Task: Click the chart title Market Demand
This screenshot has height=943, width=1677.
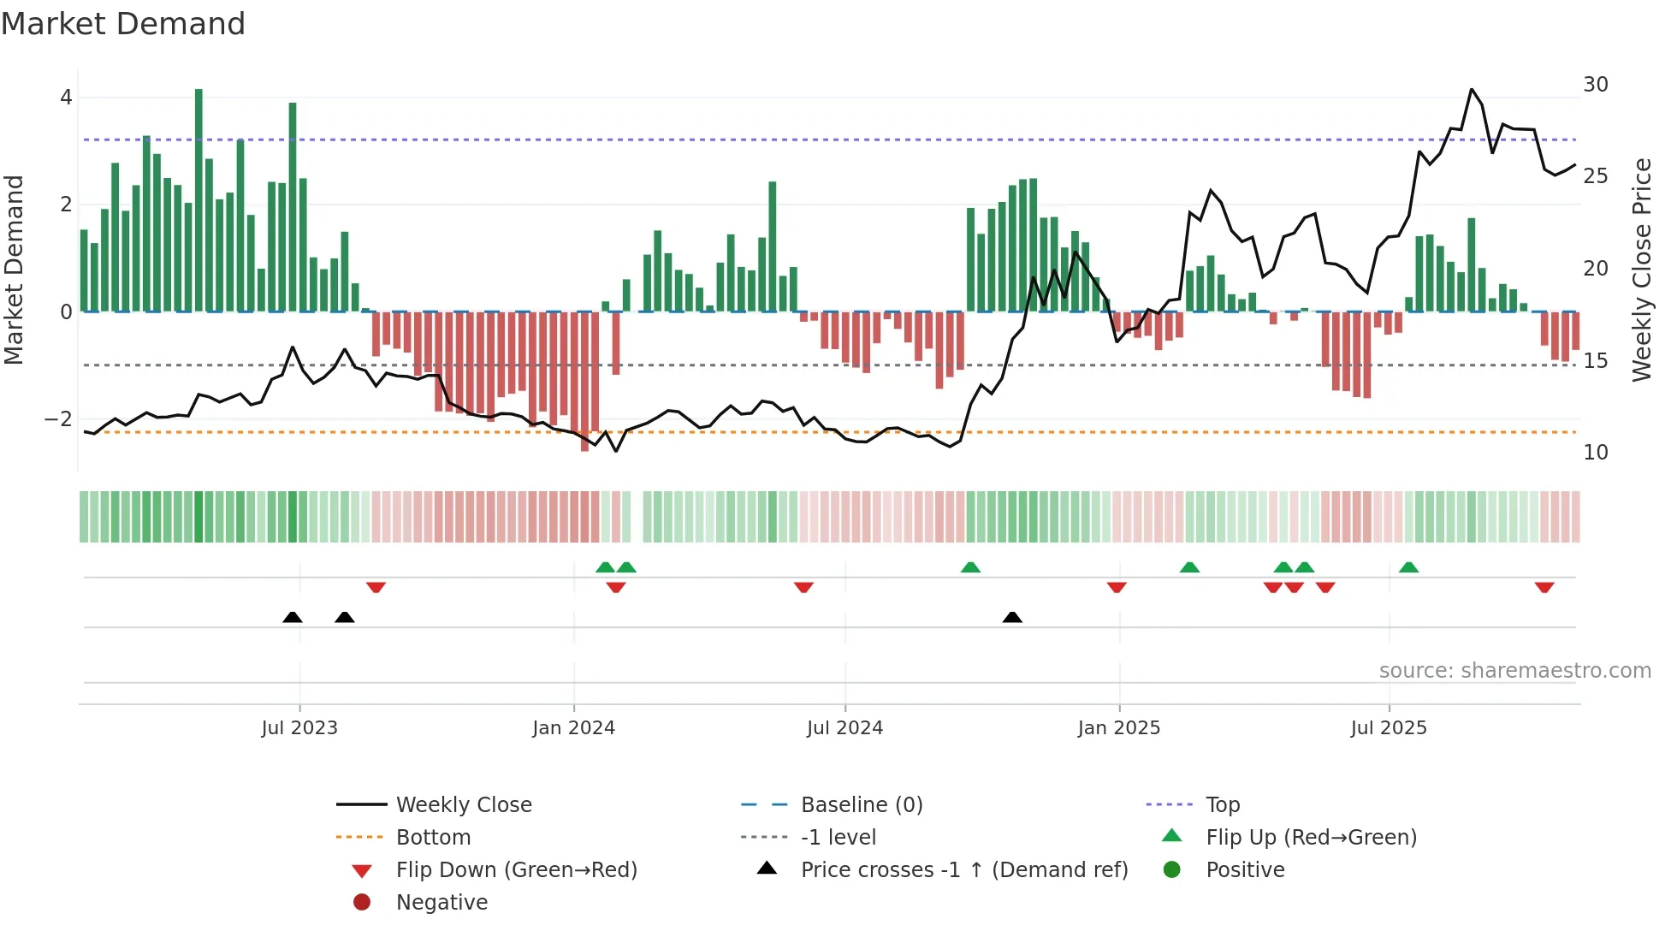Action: click(x=123, y=24)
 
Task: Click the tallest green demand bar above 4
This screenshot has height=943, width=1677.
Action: click(x=199, y=197)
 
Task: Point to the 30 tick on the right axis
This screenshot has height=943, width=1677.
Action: click(x=1595, y=85)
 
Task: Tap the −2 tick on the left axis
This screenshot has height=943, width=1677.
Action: click(x=58, y=419)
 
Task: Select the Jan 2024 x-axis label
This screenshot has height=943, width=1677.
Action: click(x=573, y=728)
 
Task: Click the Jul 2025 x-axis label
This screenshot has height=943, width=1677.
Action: click(x=1388, y=728)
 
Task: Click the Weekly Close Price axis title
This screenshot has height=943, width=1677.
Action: click(x=1641, y=270)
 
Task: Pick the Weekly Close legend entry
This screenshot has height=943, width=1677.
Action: click(x=463, y=805)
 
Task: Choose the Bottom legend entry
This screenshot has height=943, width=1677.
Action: click(x=433, y=838)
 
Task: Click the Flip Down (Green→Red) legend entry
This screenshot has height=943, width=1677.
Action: click(x=516, y=870)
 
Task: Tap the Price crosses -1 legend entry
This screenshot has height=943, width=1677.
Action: click(x=963, y=870)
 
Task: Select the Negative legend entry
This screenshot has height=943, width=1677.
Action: click(x=441, y=903)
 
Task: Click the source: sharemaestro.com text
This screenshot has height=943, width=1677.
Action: click(x=1514, y=671)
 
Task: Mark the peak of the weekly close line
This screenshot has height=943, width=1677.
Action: click(x=1472, y=89)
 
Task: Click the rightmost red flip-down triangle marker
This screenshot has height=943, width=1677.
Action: click(x=1544, y=587)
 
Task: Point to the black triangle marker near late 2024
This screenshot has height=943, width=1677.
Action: click(x=1012, y=617)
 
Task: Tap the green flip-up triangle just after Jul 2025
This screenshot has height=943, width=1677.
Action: click(x=1408, y=567)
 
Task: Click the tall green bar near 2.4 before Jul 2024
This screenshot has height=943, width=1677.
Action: click(x=772, y=248)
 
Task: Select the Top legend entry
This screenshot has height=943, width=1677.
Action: click(x=1222, y=805)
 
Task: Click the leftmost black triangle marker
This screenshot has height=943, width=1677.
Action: click(x=293, y=617)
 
